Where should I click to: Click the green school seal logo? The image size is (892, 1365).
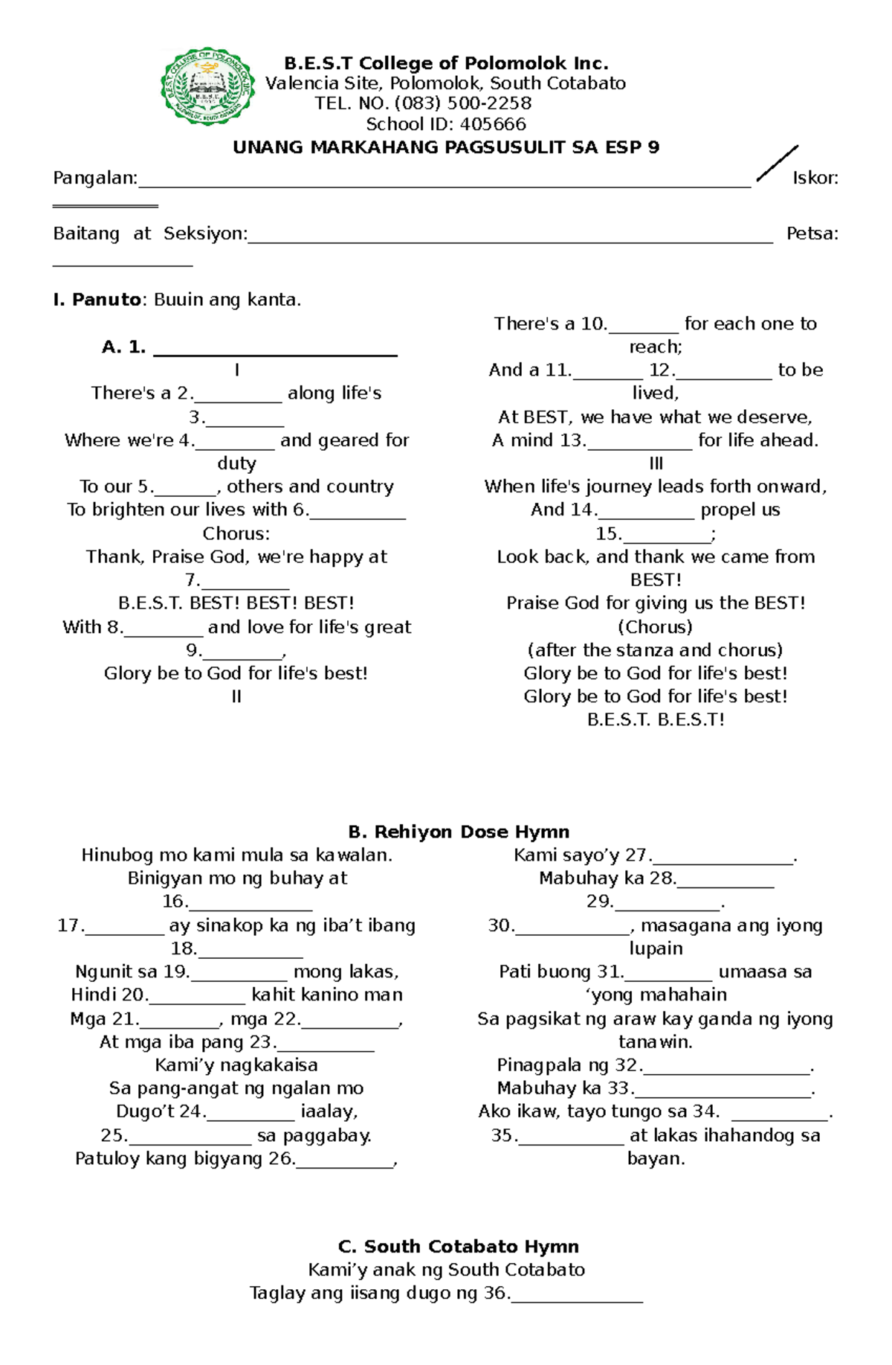209,88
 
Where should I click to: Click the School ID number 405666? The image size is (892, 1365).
493,124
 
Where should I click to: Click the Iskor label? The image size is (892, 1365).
815,179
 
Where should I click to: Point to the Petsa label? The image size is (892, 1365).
812,234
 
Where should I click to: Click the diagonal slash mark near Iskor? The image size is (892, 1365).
777,164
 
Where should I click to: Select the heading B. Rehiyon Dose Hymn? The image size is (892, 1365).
459,832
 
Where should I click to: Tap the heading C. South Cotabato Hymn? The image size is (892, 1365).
458,1247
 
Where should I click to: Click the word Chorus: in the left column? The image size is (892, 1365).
236,534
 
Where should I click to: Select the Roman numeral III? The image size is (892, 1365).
656,464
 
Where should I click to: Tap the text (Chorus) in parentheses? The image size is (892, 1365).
655,627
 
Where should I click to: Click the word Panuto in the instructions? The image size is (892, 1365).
106,300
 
